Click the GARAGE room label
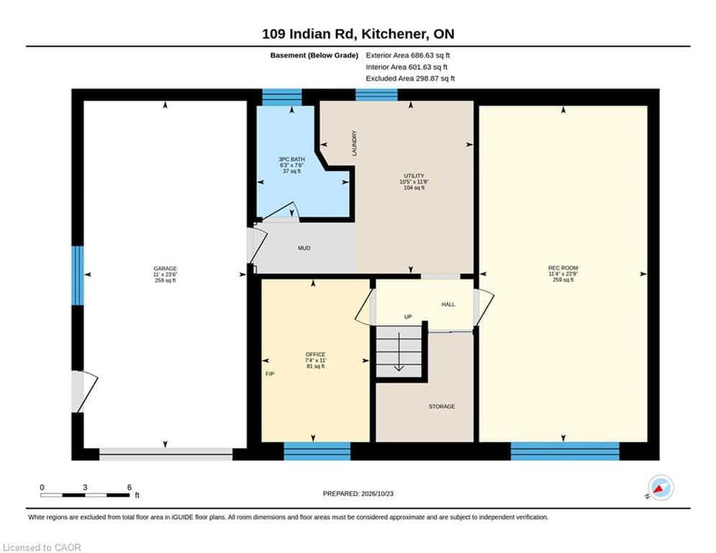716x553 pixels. point(165,269)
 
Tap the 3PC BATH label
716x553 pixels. point(291,160)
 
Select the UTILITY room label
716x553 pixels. point(414,176)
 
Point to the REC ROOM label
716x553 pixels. point(563,268)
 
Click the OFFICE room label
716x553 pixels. point(315,354)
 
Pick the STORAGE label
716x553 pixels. point(442,406)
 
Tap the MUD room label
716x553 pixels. point(304,248)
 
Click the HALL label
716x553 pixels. point(448,305)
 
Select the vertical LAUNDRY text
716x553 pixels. point(354,143)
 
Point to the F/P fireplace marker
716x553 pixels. point(270,374)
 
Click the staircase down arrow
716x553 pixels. point(399,351)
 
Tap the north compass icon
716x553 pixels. point(661,487)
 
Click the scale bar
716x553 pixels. point(85,495)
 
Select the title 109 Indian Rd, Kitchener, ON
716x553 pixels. point(358,34)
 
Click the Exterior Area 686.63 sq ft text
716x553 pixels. point(408,55)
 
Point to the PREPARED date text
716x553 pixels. point(358,493)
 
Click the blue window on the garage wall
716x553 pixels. point(78,276)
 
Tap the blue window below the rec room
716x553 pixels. point(565,451)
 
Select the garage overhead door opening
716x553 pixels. point(166,454)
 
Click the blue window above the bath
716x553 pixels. point(282,97)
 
